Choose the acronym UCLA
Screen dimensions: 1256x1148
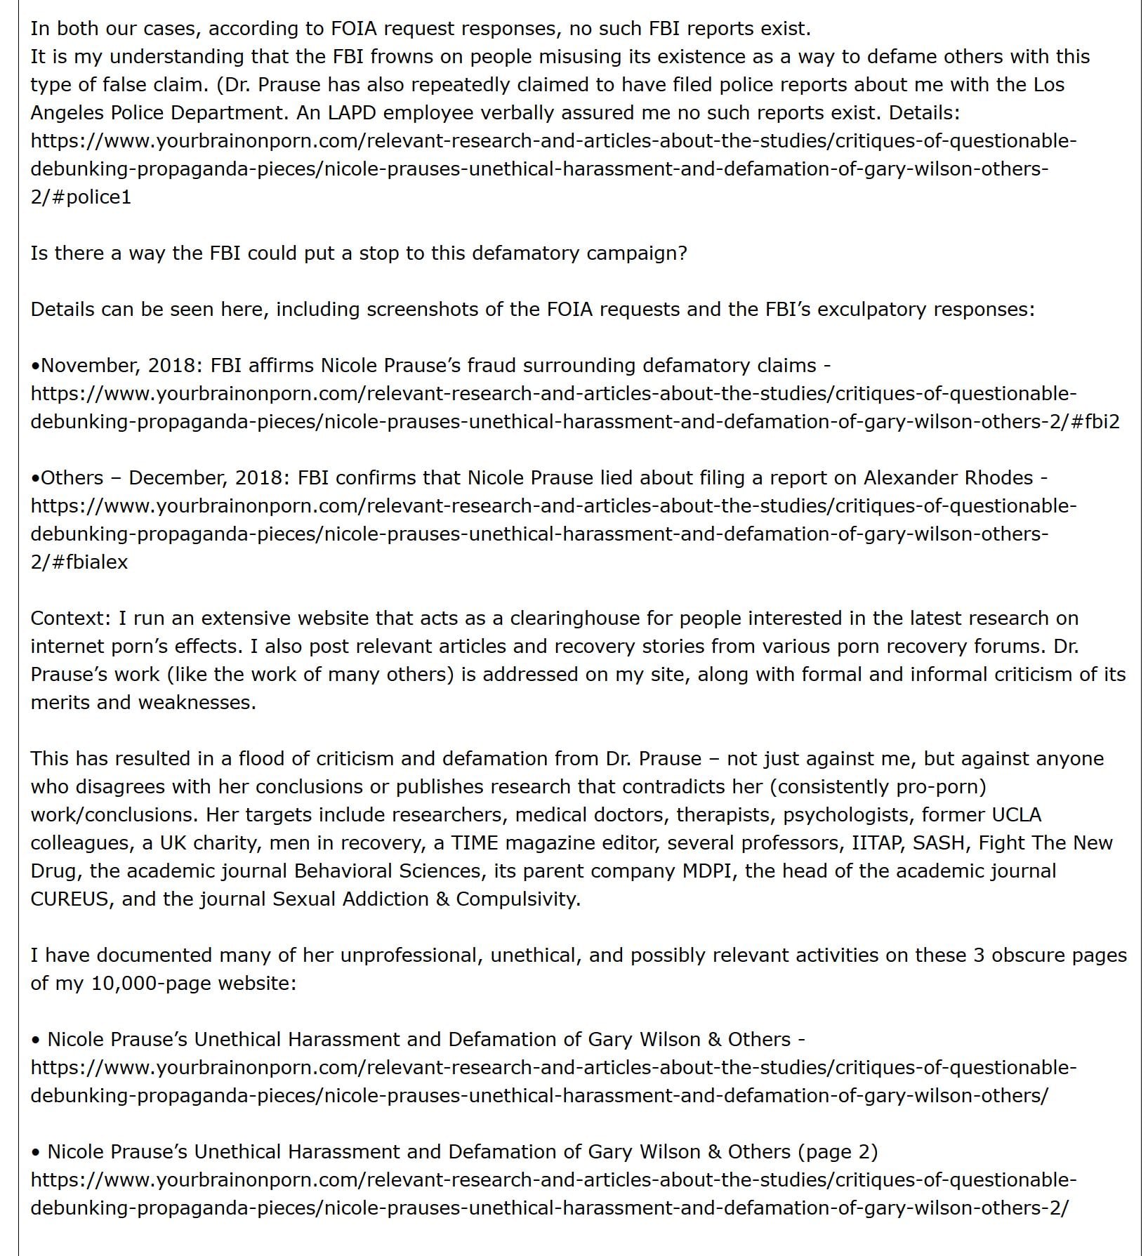coord(1016,814)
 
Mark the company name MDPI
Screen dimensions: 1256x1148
coord(709,871)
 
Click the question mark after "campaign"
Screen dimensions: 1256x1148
coord(682,253)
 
